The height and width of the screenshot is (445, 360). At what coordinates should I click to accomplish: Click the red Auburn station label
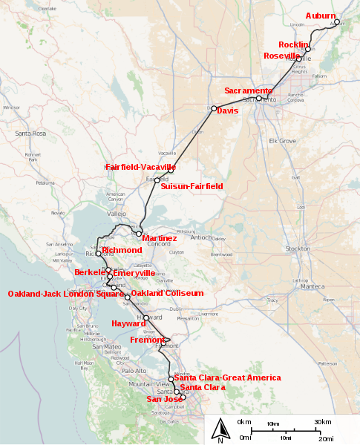coord(321,16)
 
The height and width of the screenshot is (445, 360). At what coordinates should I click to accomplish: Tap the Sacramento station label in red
coord(249,90)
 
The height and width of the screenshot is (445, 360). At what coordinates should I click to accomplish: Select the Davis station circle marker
coord(214,109)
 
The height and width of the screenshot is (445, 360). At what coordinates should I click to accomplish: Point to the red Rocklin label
coord(293,45)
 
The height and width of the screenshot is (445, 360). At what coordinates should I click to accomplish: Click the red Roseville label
coord(282,56)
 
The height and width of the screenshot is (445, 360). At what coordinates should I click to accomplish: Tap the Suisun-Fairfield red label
coord(192,187)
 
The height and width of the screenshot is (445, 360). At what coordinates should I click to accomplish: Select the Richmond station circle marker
coord(99,254)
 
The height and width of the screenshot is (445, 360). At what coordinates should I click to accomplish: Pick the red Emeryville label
coord(135,273)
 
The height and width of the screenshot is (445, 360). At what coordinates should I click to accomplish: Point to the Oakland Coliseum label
coord(167,294)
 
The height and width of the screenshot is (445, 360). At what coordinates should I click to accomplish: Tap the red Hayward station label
coord(128,323)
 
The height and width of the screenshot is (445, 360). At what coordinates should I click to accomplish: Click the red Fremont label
coord(147,340)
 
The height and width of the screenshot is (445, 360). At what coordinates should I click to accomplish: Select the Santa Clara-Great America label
coord(227,378)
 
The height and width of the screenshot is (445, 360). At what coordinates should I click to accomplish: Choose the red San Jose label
coord(163,399)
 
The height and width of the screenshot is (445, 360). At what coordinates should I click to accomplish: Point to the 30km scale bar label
coord(323,422)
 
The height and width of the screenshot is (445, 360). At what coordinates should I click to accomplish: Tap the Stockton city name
coord(318,248)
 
